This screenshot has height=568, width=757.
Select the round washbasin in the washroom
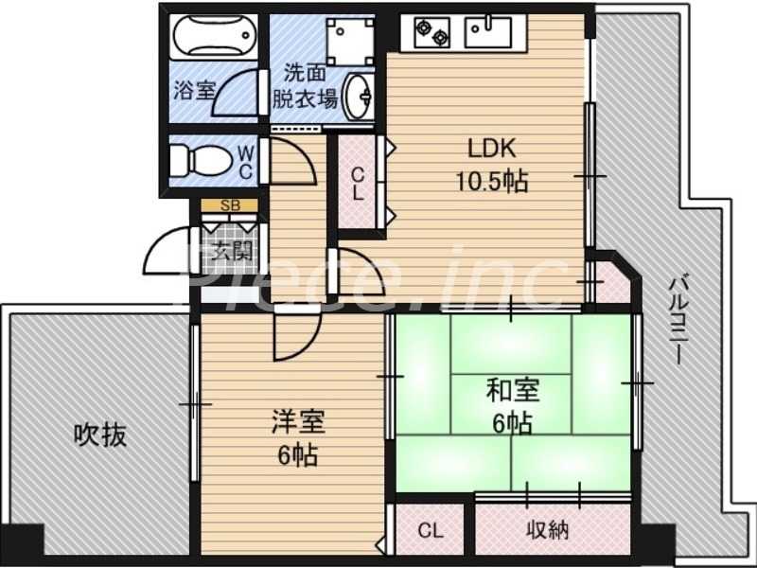tap(359, 96)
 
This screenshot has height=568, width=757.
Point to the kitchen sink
tap(488, 34)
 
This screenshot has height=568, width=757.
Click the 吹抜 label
tap(99, 435)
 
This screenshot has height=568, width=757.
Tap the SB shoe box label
tap(229, 205)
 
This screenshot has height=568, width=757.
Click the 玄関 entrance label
tap(230, 251)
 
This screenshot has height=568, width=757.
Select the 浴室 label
tap(194, 91)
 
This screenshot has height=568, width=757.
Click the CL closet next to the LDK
tap(358, 183)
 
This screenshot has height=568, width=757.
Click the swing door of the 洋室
tap(293, 337)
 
